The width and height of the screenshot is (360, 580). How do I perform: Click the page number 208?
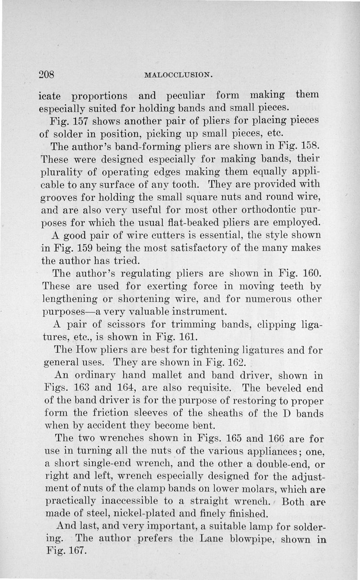coord(47,74)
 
